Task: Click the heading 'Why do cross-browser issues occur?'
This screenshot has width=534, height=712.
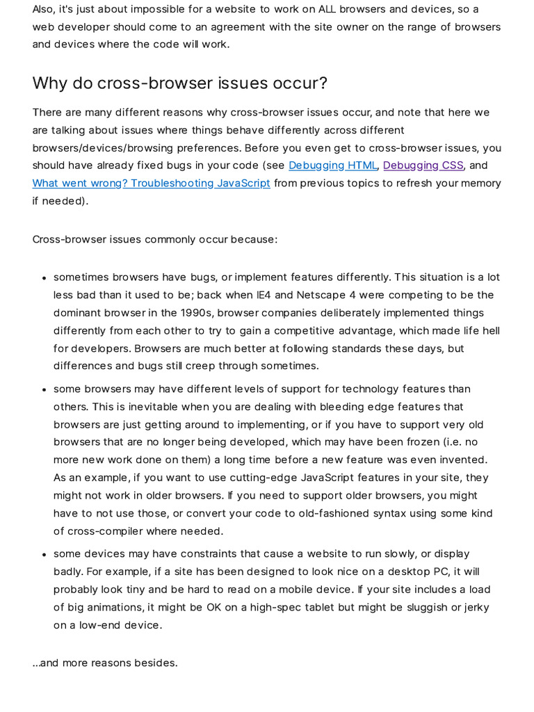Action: pyautogui.click(x=179, y=83)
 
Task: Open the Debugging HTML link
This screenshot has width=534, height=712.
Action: pyautogui.click(x=333, y=165)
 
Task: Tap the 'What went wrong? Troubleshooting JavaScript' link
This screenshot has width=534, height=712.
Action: pyautogui.click(x=151, y=184)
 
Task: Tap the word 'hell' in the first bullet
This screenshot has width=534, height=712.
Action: pyautogui.click(x=489, y=330)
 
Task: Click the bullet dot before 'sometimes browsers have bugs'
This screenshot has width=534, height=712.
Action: pyautogui.click(x=43, y=278)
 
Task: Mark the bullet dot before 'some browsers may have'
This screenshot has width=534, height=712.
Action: pyautogui.click(x=43, y=390)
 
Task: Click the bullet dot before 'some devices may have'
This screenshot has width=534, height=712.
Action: pyautogui.click(x=43, y=555)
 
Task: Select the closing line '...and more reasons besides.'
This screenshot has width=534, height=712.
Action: pyautogui.click(x=105, y=663)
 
